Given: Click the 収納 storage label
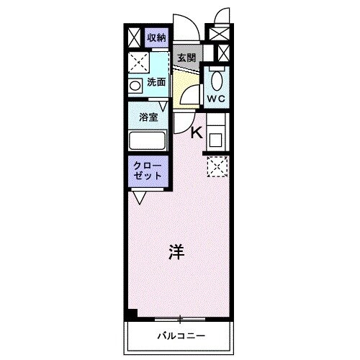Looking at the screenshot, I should [x=156, y=37].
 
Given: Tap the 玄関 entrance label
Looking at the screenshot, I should [x=187, y=58].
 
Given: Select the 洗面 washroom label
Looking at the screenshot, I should [x=156, y=83].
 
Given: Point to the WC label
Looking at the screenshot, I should [x=216, y=97].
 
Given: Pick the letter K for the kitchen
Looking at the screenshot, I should [x=196, y=132].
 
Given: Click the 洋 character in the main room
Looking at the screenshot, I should [x=176, y=252].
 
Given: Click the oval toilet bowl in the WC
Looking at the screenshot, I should [x=217, y=78].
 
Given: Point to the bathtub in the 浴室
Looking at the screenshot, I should [x=148, y=140].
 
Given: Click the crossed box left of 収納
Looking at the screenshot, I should [x=134, y=37].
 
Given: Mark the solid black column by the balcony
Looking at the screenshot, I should [x=130, y=314].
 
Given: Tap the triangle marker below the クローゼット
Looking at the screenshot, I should [x=139, y=195].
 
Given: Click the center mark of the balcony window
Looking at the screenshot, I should [x=180, y=318].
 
